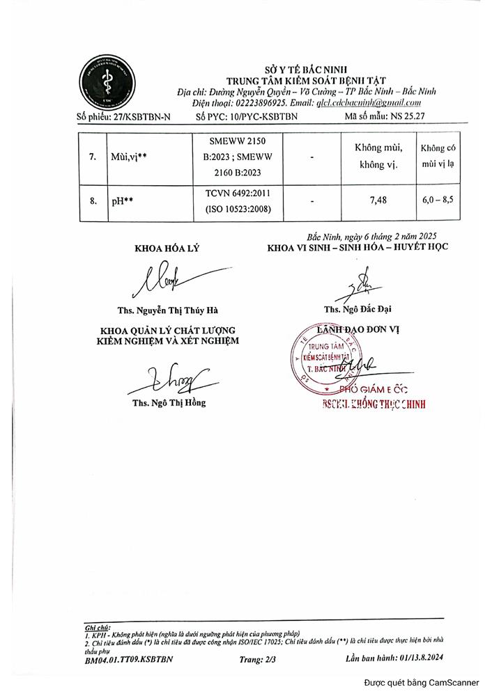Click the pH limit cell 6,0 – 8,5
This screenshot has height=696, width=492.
[x=437, y=200]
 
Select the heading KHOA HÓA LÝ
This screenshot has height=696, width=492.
[x=167, y=248]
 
